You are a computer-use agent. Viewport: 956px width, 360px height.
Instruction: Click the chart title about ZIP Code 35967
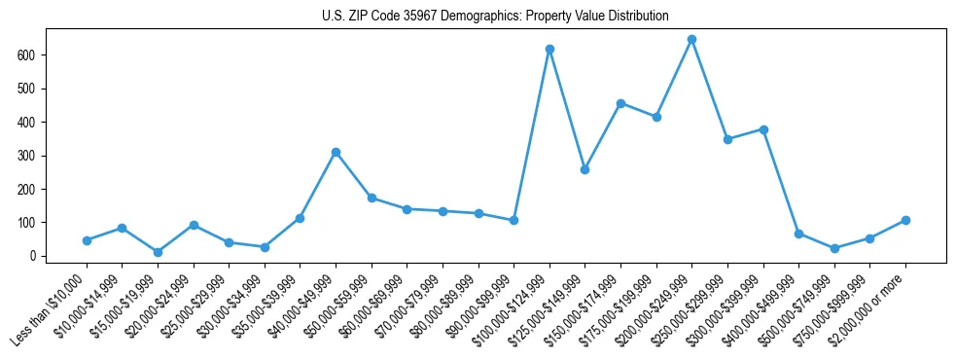(x=495, y=16)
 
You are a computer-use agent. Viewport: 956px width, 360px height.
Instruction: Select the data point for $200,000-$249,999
(x=691, y=40)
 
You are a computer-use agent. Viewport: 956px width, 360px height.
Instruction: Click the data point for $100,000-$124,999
(x=549, y=49)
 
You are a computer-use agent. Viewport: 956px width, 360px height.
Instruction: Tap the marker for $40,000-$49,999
(x=336, y=152)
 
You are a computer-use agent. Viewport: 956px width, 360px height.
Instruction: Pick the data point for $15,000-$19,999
(x=158, y=252)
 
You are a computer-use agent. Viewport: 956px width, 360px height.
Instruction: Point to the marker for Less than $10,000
(x=87, y=240)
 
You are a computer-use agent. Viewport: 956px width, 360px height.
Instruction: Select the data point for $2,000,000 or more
(x=905, y=220)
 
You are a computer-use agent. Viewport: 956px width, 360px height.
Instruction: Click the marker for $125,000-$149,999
(x=584, y=169)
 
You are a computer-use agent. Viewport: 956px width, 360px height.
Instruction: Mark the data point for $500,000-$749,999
(x=834, y=248)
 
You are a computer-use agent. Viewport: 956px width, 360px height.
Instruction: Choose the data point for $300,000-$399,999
(x=763, y=129)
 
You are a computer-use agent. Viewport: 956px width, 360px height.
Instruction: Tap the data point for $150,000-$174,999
(x=620, y=103)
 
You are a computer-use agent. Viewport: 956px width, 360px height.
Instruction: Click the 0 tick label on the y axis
(x=33, y=256)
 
